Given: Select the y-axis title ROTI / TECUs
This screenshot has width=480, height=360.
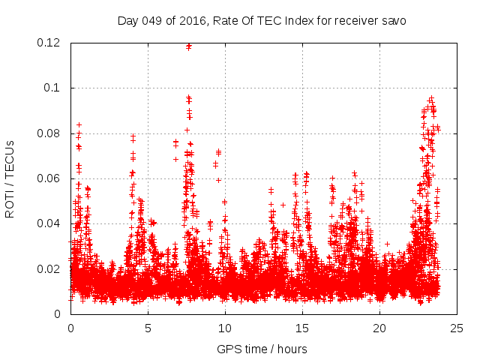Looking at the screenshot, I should click(x=10, y=178).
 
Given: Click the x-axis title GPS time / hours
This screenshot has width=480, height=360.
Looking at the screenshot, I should click(x=262, y=349).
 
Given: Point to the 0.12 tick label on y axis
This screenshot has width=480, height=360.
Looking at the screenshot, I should click(x=49, y=43).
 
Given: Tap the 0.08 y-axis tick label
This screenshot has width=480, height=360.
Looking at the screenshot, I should click(x=49, y=133).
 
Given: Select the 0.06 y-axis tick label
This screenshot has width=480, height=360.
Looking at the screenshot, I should click(x=49, y=178).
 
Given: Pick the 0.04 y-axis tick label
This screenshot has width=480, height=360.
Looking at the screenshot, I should click(x=49, y=223).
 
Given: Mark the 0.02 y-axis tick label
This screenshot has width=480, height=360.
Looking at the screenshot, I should click(x=49, y=268).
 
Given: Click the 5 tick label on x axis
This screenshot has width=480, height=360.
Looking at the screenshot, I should click(x=148, y=328).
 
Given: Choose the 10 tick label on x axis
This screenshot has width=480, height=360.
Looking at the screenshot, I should click(x=225, y=328).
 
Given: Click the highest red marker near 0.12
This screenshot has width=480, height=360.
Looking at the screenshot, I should click(x=189, y=46).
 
